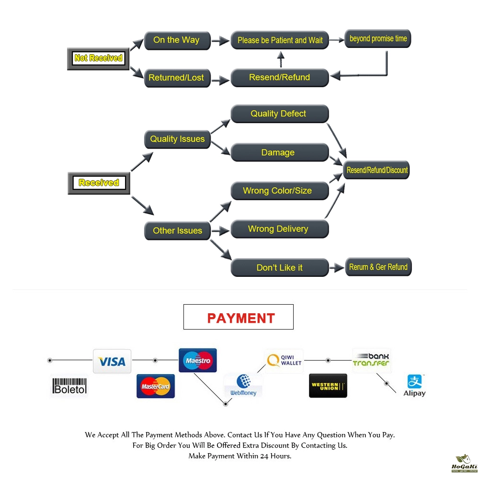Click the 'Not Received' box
(x=98, y=58)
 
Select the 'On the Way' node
(x=177, y=40)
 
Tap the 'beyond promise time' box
(x=377, y=38)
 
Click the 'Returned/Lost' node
(x=177, y=78)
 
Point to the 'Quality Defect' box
(x=280, y=114)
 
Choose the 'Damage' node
(x=280, y=152)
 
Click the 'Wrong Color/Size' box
(x=280, y=191)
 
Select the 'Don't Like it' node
(x=280, y=268)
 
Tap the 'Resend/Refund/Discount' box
(x=376, y=170)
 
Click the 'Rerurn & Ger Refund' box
(x=378, y=267)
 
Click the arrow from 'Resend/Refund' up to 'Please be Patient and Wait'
(x=281, y=59)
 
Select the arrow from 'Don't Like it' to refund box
(x=337, y=268)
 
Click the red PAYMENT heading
(x=241, y=318)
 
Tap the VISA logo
(x=112, y=361)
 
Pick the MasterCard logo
(x=156, y=386)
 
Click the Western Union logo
(x=328, y=386)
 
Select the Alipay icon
(x=414, y=385)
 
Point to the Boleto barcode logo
(x=69, y=386)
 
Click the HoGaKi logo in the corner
(x=464, y=463)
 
